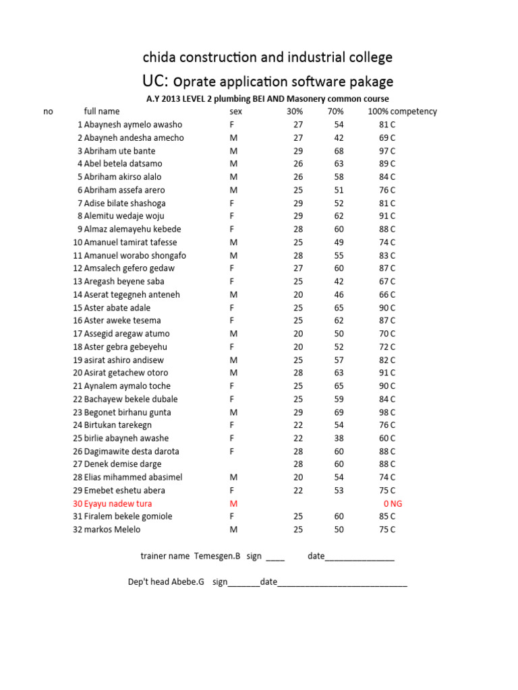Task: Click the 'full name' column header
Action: coord(102,111)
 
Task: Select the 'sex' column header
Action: coord(235,111)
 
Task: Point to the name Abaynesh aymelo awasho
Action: coord(133,125)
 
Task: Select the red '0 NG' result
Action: coord(392,503)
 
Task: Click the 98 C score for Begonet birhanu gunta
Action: coord(387,412)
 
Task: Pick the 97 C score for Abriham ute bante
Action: coord(387,151)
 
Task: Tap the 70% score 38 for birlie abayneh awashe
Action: coord(339,438)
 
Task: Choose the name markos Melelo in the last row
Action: coord(112,530)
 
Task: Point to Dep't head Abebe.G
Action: coord(166,582)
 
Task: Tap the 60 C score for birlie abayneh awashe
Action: coord(387,438)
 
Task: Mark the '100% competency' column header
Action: coord(402,111)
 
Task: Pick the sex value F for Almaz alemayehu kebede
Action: coord(232,229)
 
